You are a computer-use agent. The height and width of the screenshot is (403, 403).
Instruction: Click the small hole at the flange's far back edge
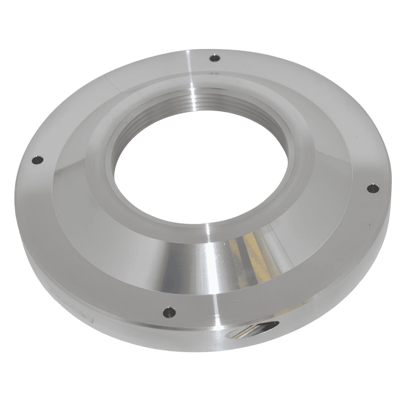215,58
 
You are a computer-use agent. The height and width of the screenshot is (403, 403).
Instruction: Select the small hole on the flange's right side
373,188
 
